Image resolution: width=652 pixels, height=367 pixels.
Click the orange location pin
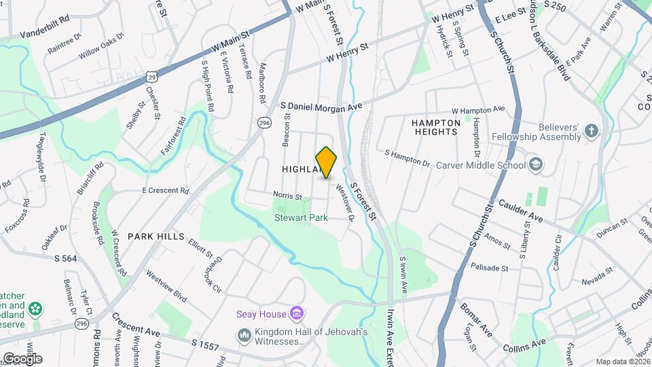pos(327,162)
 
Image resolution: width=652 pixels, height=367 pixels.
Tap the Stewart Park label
pos(301,218)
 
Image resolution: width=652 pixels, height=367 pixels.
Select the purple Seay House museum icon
pos(296,313)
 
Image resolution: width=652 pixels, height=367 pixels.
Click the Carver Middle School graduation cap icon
pos(536,165)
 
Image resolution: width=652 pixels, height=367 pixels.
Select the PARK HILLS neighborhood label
pos(156,237)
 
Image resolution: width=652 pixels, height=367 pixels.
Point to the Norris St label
pos(287,196)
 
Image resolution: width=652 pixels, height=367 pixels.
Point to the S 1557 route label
pos(205,345)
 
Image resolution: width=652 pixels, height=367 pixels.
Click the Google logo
pos(22,358)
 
